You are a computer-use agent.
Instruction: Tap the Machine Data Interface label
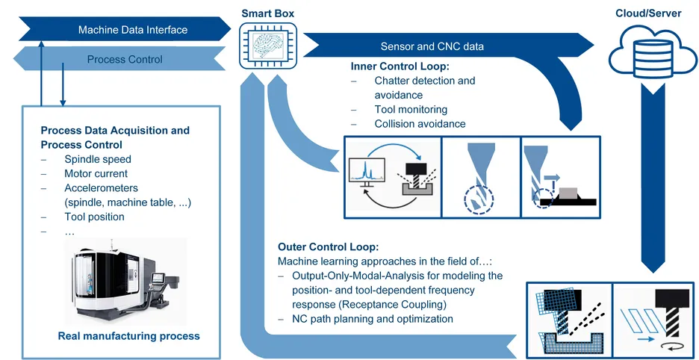133,30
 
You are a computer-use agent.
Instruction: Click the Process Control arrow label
124,59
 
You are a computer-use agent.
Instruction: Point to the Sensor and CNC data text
432,46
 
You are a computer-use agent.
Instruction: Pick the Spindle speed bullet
98,159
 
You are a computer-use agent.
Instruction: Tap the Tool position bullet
94,217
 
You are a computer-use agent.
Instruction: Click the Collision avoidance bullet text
420,124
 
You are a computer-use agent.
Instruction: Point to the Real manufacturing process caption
129,336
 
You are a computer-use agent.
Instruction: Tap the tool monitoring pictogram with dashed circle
477,177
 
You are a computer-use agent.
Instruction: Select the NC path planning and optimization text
373,319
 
